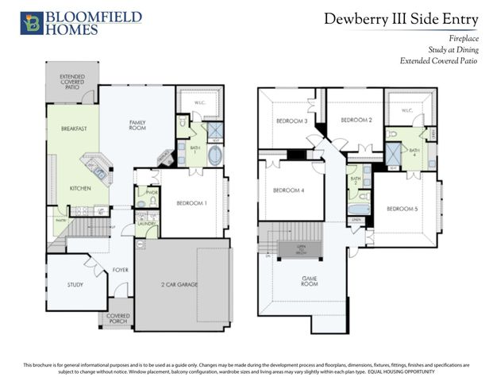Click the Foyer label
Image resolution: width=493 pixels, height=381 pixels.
point(120,269)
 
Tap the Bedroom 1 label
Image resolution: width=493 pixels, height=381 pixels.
point(191,203)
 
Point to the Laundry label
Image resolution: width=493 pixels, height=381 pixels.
point(145,224)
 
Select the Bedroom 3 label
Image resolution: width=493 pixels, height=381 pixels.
point(291,121)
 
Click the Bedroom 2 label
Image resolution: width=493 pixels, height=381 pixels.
point(356,120)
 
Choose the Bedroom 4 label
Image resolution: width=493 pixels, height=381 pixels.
point(289,190)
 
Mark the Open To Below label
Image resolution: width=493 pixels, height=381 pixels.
point(302,248)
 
